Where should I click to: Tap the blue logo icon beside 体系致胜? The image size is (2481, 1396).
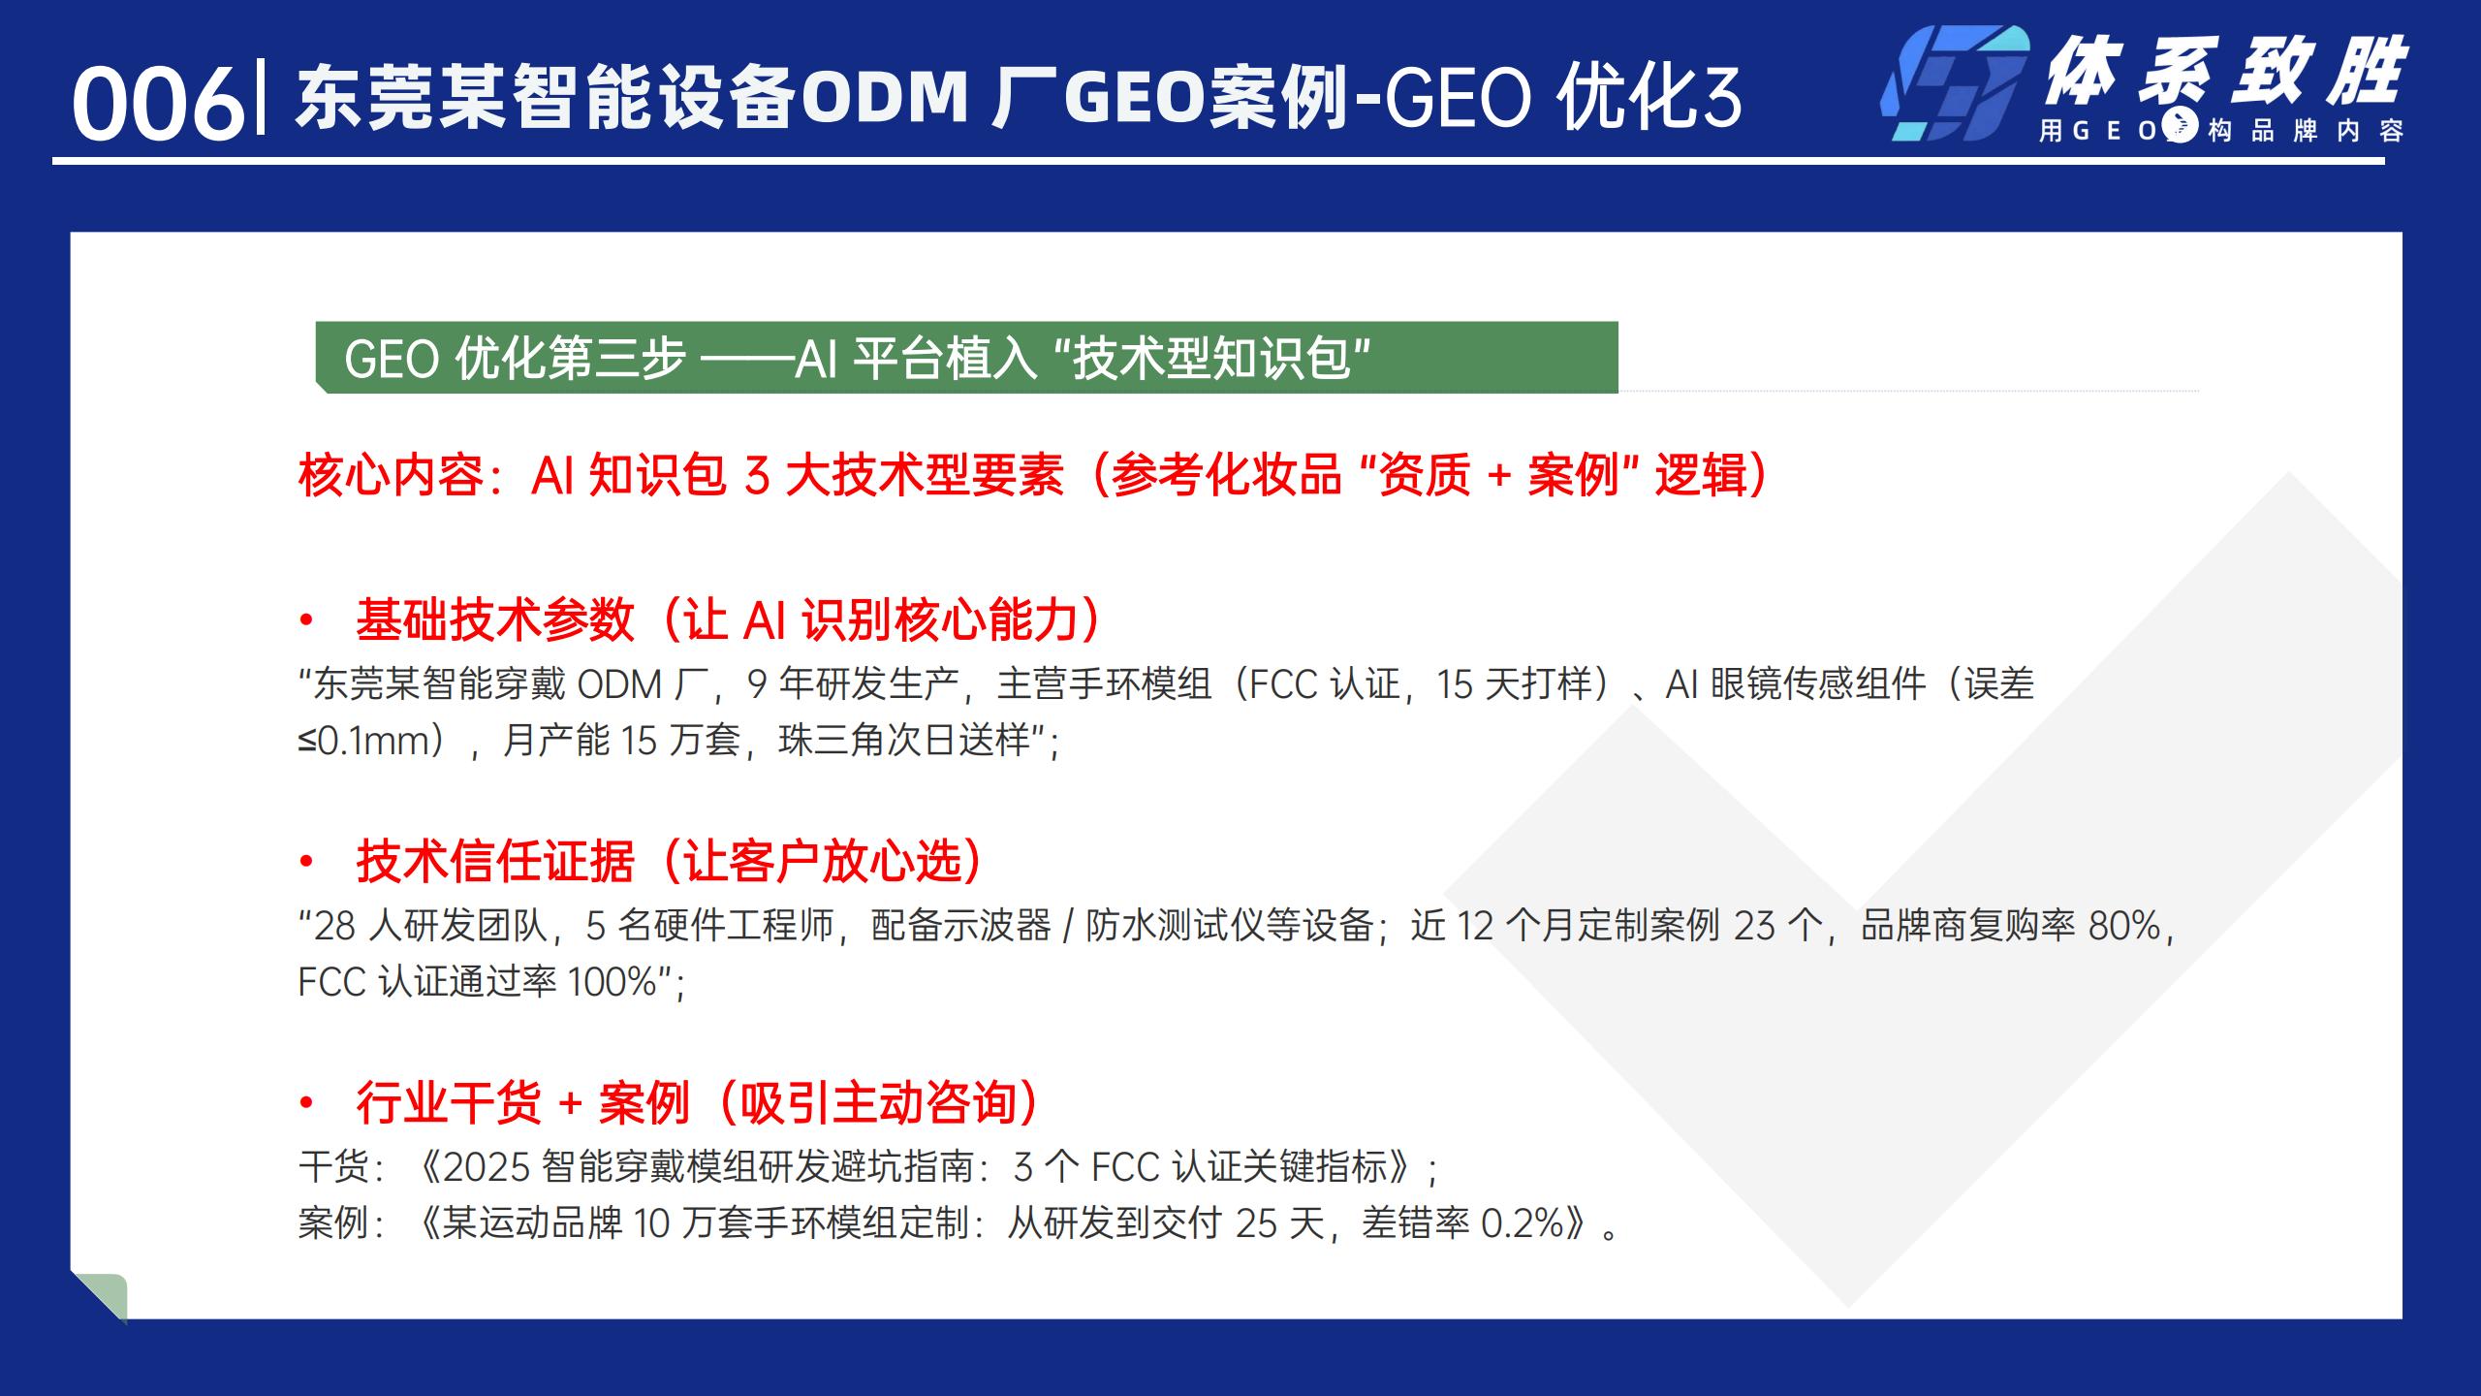coord(1956,83)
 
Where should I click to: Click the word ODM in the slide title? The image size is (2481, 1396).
coord(885,98)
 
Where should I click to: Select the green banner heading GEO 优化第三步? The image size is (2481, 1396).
coord(966,358)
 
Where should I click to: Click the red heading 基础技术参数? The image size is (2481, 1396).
coord(495,619)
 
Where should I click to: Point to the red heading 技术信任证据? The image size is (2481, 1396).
coord(495,861)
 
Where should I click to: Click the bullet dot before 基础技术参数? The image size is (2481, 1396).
coord(307,620)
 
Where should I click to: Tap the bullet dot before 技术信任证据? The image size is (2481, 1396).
coord(307,862)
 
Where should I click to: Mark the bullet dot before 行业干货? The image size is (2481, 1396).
coord(307,1103)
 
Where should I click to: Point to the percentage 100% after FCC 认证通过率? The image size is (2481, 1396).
coord(612,982)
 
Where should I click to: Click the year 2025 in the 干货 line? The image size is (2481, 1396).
coord(487,1167)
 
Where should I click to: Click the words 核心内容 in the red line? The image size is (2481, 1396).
coord(391,475)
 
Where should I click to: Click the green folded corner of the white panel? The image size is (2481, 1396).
coord(102,1297)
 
